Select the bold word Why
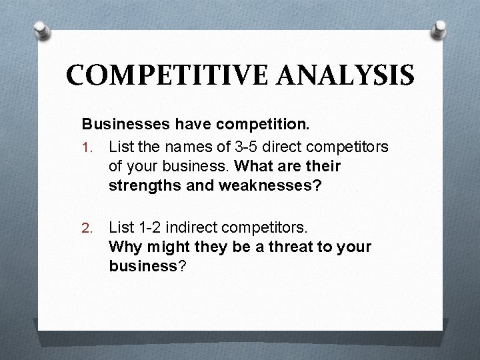125,247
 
